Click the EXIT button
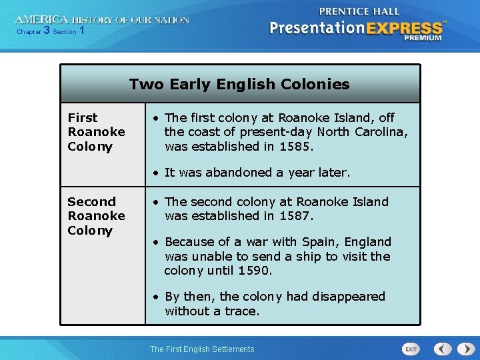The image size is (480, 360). pos(411,349)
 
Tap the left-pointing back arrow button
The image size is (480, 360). pos(443,349)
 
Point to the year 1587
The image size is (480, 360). pos(297,215)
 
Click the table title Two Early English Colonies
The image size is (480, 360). pos(239,84)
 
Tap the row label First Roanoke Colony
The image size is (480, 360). pos(96,131)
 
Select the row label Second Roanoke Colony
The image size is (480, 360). pos(96,215)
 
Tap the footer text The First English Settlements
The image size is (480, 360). pos(202,349)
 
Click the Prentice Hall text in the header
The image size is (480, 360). pos(359,11)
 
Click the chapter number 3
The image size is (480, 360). pos(47,31)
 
